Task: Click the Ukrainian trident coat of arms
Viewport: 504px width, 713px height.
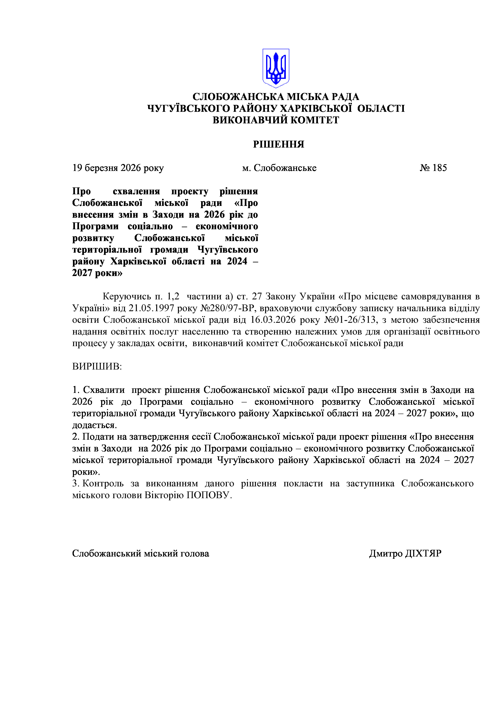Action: coord(276,68)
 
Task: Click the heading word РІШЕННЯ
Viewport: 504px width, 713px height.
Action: coord(278,144)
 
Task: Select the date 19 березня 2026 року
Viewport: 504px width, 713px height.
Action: coord(118,168)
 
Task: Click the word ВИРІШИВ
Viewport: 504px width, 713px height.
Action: coord(97,366)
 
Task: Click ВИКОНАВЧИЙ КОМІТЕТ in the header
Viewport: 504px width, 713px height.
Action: coord(276,120)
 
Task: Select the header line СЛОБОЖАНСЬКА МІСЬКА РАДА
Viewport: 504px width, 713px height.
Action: coord(276,97)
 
